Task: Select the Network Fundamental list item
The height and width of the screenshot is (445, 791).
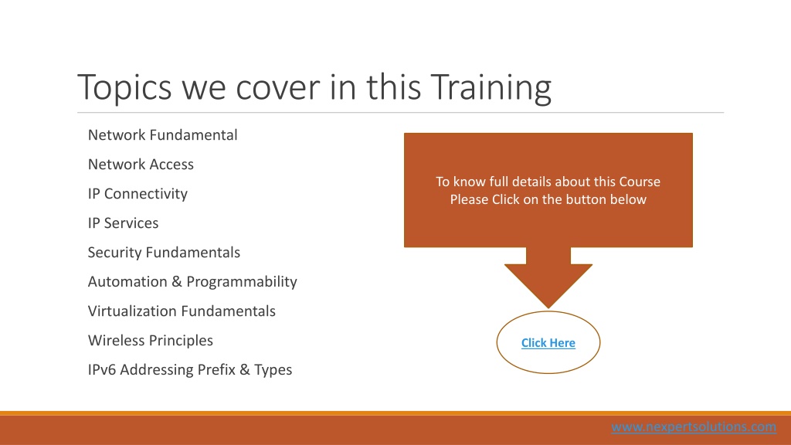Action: [x=162, y=134]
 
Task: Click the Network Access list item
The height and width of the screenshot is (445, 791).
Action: [x=141, y=164]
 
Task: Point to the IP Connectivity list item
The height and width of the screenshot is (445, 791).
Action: [x=137, y=194]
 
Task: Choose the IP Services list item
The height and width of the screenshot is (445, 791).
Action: [x=123, y=223]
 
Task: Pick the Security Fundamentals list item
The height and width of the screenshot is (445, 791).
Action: [x=164, y=253]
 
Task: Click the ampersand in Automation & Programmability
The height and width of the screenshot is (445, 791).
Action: [x=177, y=281]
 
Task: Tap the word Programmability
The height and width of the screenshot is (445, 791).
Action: [x=242, y=282]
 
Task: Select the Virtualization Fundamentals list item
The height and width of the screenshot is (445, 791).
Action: [x=182, y=311]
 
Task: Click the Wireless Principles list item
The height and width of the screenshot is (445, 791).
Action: [x=151, y=341]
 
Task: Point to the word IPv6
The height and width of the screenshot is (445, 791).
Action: [x=102, y=370]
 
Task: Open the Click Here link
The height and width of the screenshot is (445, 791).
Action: [x=548, y=343]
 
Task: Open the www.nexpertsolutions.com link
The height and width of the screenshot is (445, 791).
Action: [x=694, y=426]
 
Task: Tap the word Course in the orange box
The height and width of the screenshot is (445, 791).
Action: [x=640, y=182]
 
